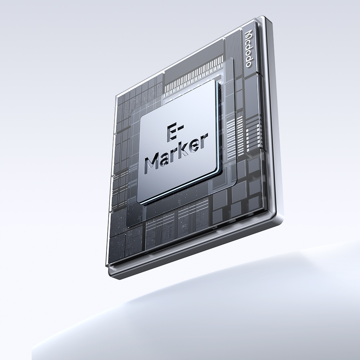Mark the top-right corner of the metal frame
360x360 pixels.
pos(265,16)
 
